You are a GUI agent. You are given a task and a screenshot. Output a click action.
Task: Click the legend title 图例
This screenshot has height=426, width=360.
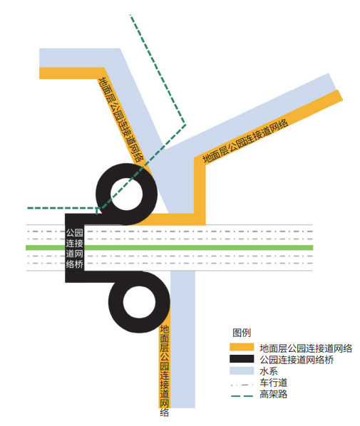[242, 333]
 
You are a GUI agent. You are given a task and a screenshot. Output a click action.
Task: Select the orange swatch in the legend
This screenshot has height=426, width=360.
[242, 347]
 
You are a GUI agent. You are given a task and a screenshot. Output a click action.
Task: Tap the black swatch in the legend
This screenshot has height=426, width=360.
[242, 358]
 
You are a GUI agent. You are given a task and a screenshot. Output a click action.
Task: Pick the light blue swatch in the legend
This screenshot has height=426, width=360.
[242, 370]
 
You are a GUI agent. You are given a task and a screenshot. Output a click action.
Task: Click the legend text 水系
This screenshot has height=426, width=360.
[269, 371]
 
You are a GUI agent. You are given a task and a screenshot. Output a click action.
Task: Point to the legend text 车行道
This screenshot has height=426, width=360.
[273, 383]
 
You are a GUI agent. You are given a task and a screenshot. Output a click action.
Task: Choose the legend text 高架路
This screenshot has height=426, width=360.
[273, 394]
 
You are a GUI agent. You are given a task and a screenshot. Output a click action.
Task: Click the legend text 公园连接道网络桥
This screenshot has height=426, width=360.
[297, 360]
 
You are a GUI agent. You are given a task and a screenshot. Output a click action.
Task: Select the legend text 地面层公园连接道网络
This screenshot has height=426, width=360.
[306, 348]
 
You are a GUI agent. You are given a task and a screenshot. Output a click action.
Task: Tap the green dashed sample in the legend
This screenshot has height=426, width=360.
[242, 396]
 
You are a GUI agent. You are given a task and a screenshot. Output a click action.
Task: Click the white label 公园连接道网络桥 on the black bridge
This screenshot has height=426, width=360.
[75, 249]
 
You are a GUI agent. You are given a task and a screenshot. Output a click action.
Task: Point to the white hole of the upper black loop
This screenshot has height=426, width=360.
[126, 194]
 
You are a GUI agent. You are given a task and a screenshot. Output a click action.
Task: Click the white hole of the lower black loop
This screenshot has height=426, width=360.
[139, 302]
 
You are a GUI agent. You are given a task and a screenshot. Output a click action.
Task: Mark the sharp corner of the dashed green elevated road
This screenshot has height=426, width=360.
[185, 125]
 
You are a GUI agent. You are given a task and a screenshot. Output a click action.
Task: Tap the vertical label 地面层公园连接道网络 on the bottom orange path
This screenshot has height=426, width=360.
[165, 370]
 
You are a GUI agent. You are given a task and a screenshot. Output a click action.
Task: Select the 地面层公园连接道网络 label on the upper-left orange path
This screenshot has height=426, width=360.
[121, 120]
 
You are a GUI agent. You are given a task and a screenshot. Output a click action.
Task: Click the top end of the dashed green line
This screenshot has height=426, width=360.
[130, 15]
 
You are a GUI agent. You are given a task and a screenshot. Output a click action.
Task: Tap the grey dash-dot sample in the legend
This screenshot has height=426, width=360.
[242, 385]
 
